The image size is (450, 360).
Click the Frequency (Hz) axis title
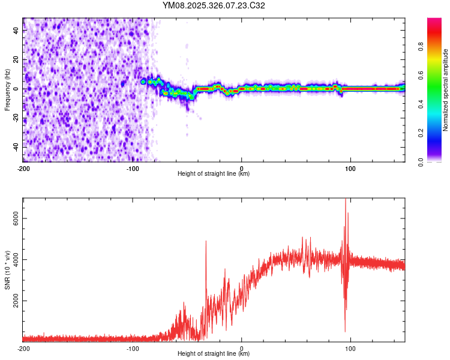coord(7,90)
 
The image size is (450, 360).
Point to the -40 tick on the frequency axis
coord(15,147)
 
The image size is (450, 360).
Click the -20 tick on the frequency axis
coord(15,118)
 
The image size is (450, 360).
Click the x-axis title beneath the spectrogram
coord(214,173)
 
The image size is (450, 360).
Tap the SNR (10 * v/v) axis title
coord(7,270)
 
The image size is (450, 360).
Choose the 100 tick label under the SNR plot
coord(350,348)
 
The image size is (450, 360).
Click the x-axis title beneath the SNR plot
coord(214,354)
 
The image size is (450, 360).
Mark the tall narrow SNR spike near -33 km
coord(206,242)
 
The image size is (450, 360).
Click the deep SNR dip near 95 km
coord(345,330)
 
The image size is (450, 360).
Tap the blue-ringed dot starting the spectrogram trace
coord(143,81)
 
